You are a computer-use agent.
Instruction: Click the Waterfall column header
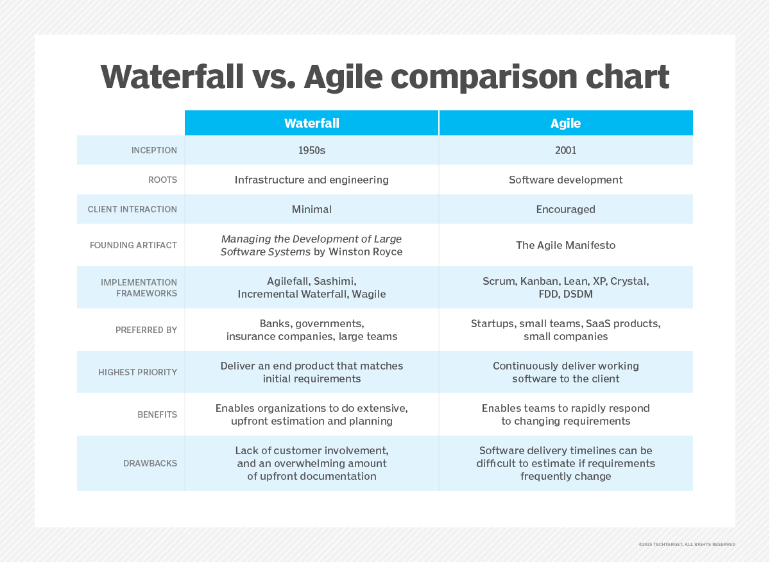pyautogui.click(x=311, y=123)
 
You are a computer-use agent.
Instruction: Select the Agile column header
pyautogui.click(x=565, y=123)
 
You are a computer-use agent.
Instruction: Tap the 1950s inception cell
pyautogui.click(x=311, y=150)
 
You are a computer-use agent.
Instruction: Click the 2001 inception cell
pyautogui.click(x=565, y=150)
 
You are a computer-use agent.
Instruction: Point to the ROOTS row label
pyautogui.click(x=162, y=180)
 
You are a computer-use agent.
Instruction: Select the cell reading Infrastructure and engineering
pyautogui.click(x=311, y=180)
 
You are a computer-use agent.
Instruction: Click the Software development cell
pyautogui.click(x=565, y=180)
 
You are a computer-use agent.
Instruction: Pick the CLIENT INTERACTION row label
pyautogui.click(x=132, y=210)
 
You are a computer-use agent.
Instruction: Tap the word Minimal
pyautogui.click(x=311, y=209)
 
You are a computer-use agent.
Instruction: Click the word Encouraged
pyautogui.click(x=565, y=209)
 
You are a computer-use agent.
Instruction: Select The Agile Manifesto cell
pyautogui.click(x=565, y=245)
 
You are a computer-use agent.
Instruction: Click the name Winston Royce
pyautogui.click(x=366, y=252)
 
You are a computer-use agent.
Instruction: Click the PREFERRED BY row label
pyautogui.click(x=146, y=330)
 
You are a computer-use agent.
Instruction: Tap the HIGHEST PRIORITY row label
pyautogui.click(x=137, y=373)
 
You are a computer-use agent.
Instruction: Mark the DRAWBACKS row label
pyautogui.click(x=150, y=464)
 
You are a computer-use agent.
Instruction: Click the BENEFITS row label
pyautogui.click(x=157, y=415)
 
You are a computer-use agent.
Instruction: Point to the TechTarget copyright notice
pyautogui.click(x=687, y=544)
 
